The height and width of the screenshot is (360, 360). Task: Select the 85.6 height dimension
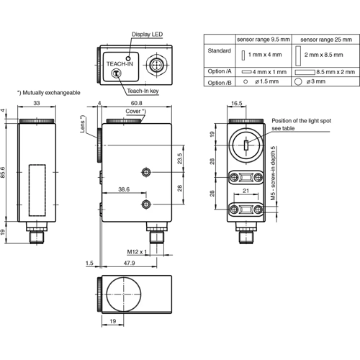point(4,173)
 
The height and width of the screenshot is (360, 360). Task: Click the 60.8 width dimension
point(137,103)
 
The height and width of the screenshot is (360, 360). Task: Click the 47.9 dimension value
point(129,264)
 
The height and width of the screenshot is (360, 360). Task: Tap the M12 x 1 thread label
point(136,251)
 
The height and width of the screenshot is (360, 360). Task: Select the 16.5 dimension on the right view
point(236,103)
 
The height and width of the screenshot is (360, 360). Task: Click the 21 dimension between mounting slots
point(246,192)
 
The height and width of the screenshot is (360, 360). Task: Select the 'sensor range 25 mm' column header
point(322,39)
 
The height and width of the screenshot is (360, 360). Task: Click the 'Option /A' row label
point(219,72)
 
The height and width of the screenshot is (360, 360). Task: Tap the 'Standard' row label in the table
point(218,50)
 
